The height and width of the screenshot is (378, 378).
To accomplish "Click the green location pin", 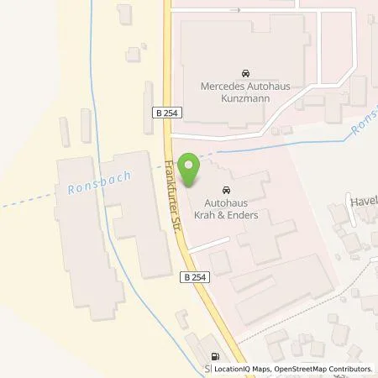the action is click(x=192, y=170).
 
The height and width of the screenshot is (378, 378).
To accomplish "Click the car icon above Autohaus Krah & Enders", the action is click(x=226, y=190).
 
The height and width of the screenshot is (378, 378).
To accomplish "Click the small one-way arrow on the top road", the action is click(x=234, y=10).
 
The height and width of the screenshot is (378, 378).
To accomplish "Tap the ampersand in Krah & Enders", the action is click(x=228, y=215).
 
